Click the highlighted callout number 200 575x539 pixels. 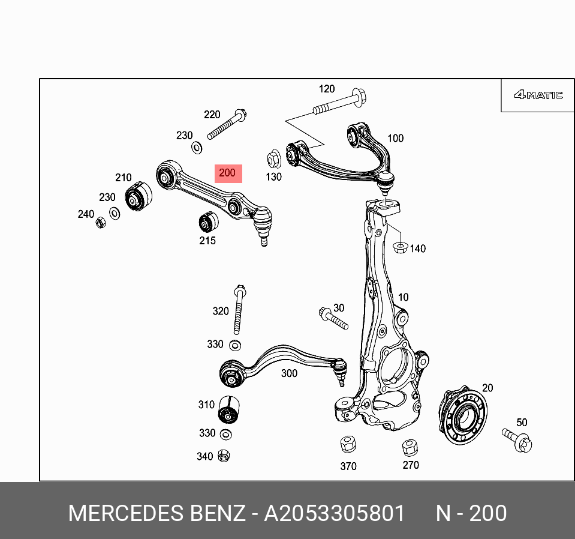click(x=227, y=173)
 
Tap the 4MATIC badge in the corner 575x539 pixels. click(x=538, y=95)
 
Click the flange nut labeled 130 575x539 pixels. click(x=273, y=160)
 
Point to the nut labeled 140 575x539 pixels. click(x=399, y=246)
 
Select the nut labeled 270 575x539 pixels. click(x=410, y=447)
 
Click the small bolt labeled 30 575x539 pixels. click(x=334, y=318)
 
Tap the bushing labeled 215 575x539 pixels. click(x=208, y=223)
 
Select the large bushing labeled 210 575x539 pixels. click(x=138, y=196)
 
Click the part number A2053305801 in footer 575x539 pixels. click(x=335, y=514)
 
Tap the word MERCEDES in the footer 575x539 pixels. click(x=126, y=514)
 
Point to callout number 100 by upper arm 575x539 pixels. click(x=395, y=139)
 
